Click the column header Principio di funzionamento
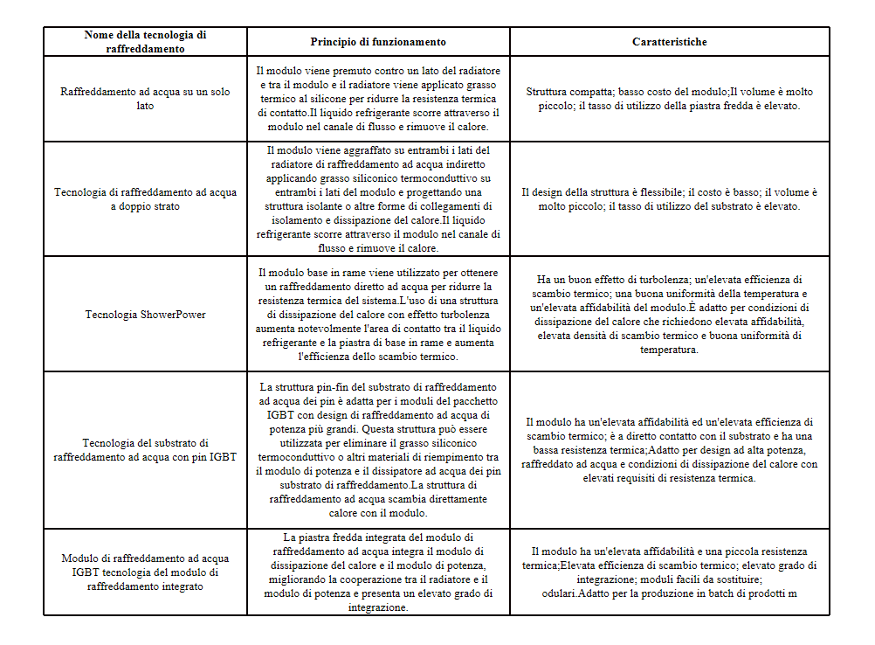coord(378,42)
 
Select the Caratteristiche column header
coord(670,42)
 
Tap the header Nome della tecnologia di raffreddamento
coord(145,42)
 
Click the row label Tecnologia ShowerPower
coord(145,314)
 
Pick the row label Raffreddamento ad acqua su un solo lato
coord(145,99)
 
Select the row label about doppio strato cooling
coord(145,199)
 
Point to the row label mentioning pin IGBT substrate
coord(145,449)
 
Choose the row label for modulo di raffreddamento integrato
coord(145,572)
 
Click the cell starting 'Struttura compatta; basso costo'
coord(670,99)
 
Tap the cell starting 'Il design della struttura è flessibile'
coord(670,199)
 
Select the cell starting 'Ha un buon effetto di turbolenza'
coord(670,315)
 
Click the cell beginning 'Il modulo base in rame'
coord(378,314)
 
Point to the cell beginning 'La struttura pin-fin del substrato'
coord(378,450)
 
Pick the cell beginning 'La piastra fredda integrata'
coord(378,572)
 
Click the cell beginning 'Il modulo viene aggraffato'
coord(378,199)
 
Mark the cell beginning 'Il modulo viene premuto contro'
coord(378,99)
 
